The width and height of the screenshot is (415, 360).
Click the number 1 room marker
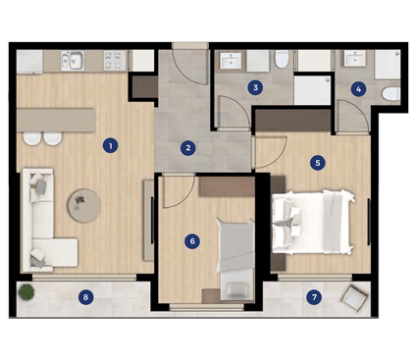click(x=110, y=145)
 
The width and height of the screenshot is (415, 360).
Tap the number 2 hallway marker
click(x=188, y=148)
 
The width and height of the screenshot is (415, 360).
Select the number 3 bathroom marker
click(x=255, y=87)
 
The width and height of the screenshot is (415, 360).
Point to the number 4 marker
click(x=358, y=89)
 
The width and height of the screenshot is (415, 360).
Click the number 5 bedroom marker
click(x=318, y=163)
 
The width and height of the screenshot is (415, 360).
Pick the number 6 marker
click(x=192, y=241)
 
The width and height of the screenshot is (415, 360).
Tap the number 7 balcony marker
click(x=314, y=297)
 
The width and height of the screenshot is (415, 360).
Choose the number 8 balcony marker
click(x=85, y=297)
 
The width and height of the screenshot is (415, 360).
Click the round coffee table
click(x=84, y=206)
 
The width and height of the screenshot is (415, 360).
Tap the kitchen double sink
click(x=73, y=60)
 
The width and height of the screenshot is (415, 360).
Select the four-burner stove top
click(x=115, y=60)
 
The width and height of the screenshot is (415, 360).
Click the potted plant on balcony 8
click(x=26, y=291)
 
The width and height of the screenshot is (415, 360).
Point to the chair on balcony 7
click(x=353, y=297)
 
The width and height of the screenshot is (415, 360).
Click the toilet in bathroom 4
click(x=391, y=94)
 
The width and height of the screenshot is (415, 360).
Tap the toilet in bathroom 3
click(x=282, y=60)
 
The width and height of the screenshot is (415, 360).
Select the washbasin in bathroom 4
click(x=355, y=59)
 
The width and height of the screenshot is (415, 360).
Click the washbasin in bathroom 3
click(x=231, y=61)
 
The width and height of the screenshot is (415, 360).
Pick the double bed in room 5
click(x=313, y=222)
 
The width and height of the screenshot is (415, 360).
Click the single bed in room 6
click(x=234, y=260)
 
